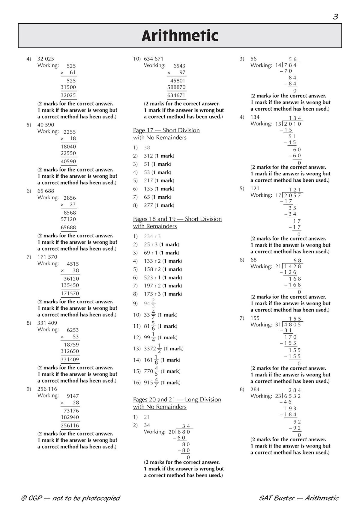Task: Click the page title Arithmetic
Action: (x=180, y=36)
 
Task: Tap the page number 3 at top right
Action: (x=335, y=17)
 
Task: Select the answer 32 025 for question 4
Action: (x=46, y=59)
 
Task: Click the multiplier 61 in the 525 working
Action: (x=73, y=73)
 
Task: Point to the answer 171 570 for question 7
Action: (x=47, y=257)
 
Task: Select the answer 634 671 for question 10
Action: (x=154, y=59)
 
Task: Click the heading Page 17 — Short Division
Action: (x=166, y=130)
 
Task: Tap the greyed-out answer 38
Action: (x=147, y=147)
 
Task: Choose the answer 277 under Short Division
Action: (x=148, y=205)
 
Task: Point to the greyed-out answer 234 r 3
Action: (x=152, y=236)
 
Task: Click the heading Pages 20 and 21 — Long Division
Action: (x=177, y=400)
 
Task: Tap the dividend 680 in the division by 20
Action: (x=184, y=432)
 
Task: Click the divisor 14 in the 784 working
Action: (x=278, y=65)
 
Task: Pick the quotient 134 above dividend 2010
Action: (x=295, y=118)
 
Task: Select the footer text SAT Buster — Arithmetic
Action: (x=299, y=498)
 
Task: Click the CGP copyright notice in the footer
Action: (x=70, y=498)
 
